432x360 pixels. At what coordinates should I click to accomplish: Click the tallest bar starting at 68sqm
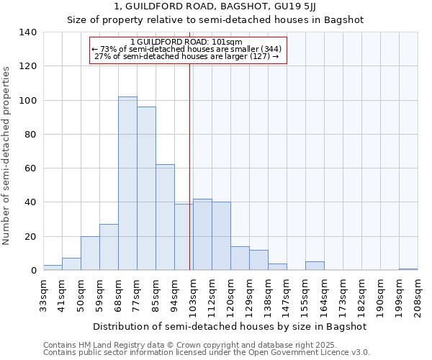coord(127,184)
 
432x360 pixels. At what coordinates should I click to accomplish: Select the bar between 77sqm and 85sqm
coord(146,189)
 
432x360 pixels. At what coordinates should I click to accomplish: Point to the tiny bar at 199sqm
coord(408,269)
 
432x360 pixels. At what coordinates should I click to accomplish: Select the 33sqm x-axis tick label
coord(44,295)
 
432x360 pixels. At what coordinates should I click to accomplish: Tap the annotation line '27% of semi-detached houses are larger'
coord(187,56)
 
